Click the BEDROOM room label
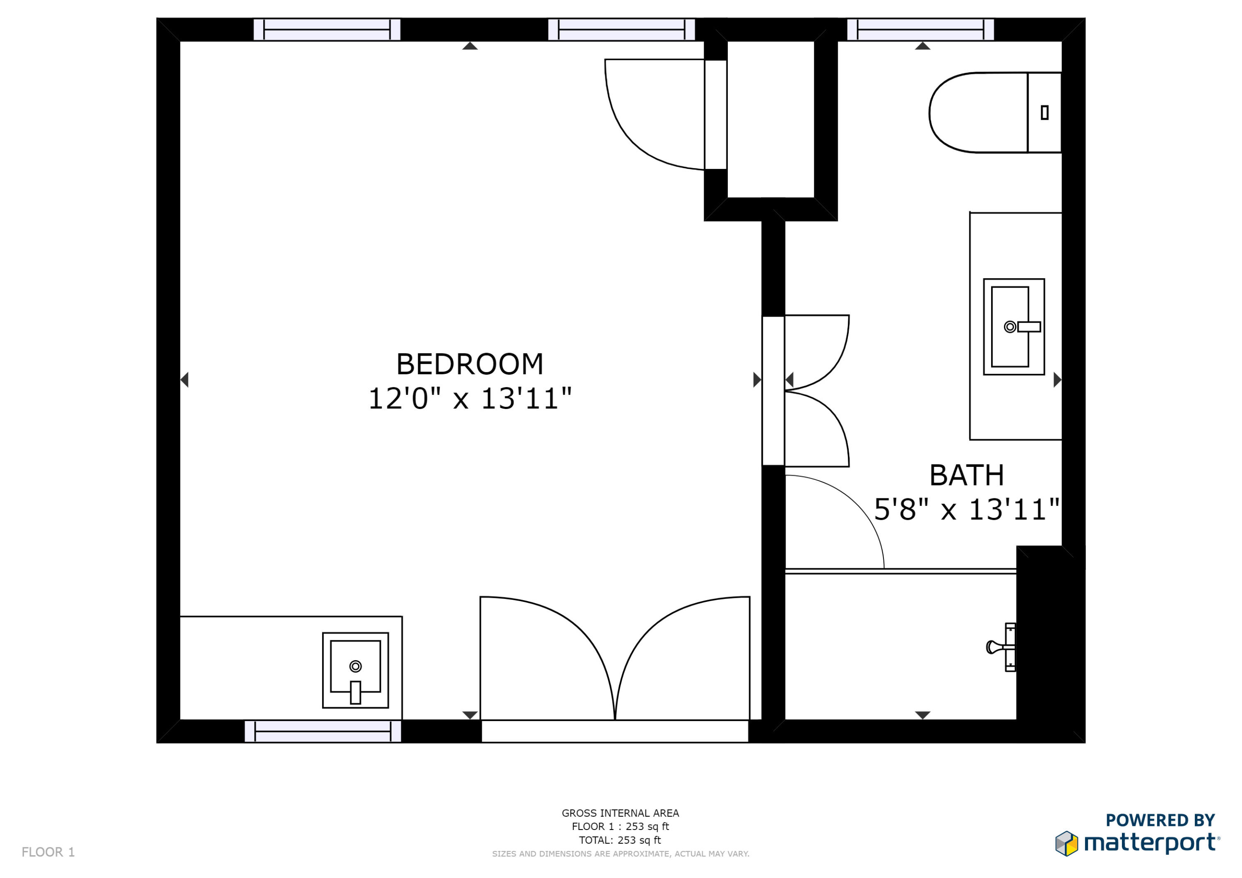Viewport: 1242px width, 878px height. tap(469, 364)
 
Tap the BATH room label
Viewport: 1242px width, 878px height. tap(966, 476)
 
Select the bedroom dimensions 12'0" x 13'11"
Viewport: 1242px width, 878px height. tap(469, 399)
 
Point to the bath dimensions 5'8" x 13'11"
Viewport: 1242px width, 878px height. tap(966, 510)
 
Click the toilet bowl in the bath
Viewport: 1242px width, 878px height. tap(976, 113)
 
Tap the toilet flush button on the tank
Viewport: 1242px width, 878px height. tap(1044, 113)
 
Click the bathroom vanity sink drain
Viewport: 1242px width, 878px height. tap(1009, 327)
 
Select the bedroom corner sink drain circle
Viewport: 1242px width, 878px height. tap(355, 666)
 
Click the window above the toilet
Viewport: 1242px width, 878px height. tap(920, 30)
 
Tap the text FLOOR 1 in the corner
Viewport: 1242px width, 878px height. tap(48, 852)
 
